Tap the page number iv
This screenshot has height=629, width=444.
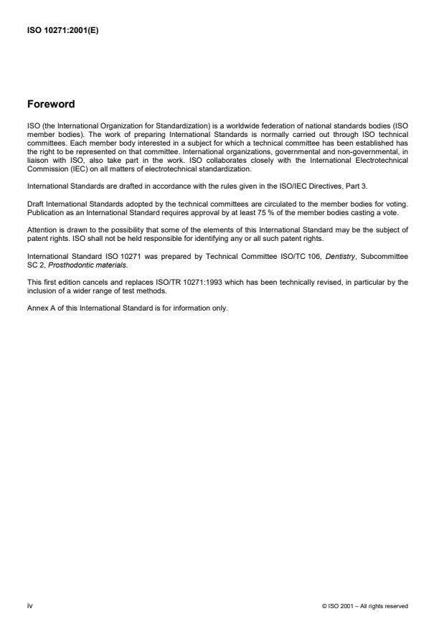click(x=30, y=605)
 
